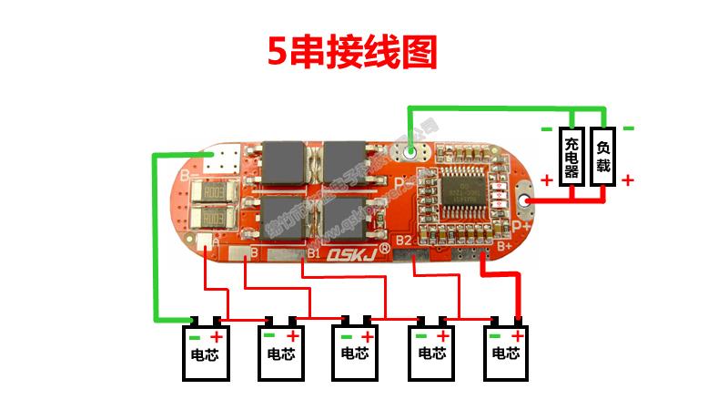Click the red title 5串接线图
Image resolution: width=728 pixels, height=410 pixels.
pos(352,52)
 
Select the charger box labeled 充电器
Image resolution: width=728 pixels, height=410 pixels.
pos(571,156)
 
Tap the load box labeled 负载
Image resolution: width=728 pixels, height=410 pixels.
pos(602,156)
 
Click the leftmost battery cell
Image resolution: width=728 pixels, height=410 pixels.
pos(204,352)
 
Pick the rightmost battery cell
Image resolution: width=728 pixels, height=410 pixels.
pos(506,352)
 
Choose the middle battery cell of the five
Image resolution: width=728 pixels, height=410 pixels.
pos(355,352)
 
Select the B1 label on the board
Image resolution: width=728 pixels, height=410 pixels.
pos(316,251)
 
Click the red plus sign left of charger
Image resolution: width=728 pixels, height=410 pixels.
pos(546,180)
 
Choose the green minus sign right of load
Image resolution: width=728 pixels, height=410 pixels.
pos(628,128)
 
